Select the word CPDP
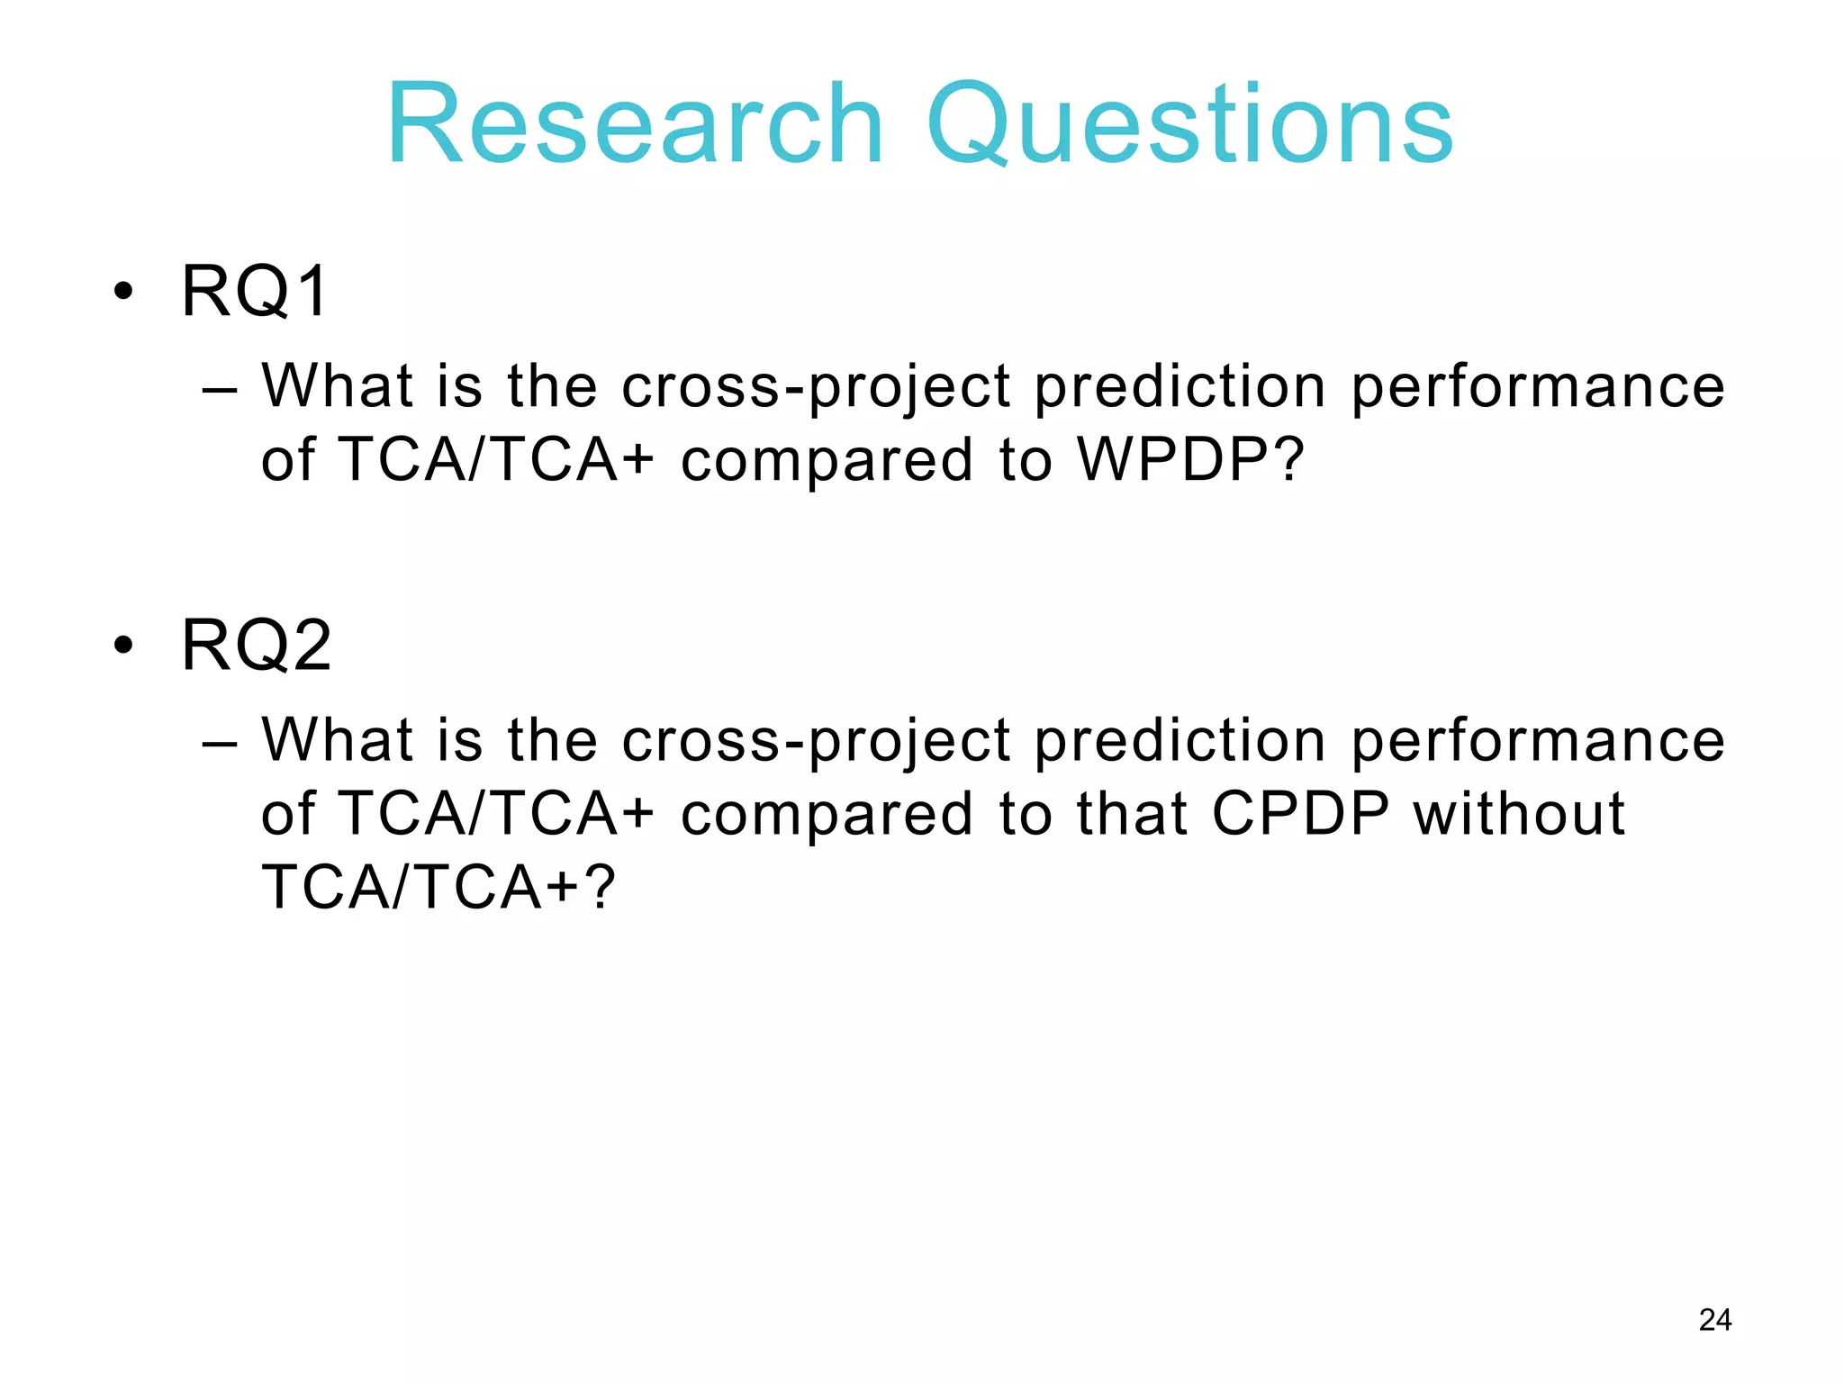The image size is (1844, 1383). [1300, 813]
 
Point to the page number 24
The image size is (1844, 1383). [1714, 1320]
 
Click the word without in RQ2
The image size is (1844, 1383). [1519, 813]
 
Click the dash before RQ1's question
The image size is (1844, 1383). [220, 389]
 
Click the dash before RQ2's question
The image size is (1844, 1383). [220, 743]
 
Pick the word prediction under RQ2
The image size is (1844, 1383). [1180, 741]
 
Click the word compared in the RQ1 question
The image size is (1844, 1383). [827, 459]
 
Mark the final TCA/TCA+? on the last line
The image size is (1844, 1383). [438, 887]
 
